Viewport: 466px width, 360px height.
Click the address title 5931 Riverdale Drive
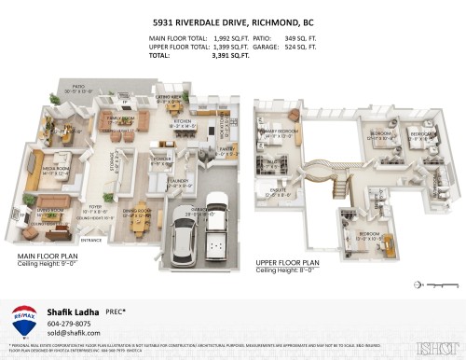coord(232,20)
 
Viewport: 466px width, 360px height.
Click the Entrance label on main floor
coord(92,240)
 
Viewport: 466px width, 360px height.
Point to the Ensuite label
coord(281,192)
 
